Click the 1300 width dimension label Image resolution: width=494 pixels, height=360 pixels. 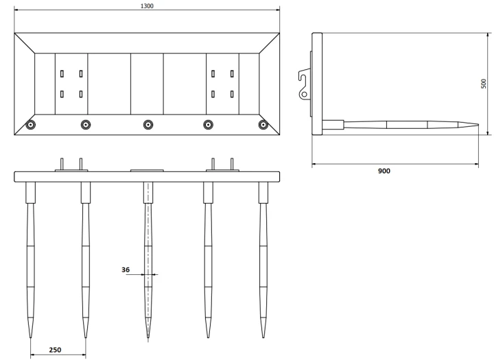147,6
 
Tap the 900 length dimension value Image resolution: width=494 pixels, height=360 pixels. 384,171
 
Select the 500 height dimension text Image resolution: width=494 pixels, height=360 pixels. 484,84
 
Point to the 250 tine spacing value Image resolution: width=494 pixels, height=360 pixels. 55,350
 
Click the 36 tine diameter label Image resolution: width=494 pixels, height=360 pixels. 126,269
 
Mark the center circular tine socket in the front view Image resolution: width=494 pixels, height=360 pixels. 148,125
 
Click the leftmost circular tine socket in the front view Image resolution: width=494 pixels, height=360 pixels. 31,125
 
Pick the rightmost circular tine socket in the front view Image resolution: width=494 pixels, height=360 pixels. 263,125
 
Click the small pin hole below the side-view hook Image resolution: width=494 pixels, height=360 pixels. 305,94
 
